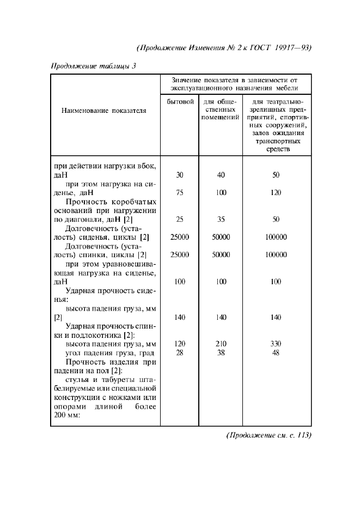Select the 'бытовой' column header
pos(180,102)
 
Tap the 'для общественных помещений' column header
pos(221,110)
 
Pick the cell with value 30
pos(180,175)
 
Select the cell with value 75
pos(180,192)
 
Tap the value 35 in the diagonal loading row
pos(221,219)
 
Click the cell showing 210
pos(221,344)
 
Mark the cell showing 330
pos(276,344)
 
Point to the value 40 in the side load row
pos(221,175)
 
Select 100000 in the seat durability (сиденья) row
pos(276,237)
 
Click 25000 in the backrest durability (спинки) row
pos(180,254)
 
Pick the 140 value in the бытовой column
pos(180,317)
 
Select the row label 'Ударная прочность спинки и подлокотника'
pos(105,330)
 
